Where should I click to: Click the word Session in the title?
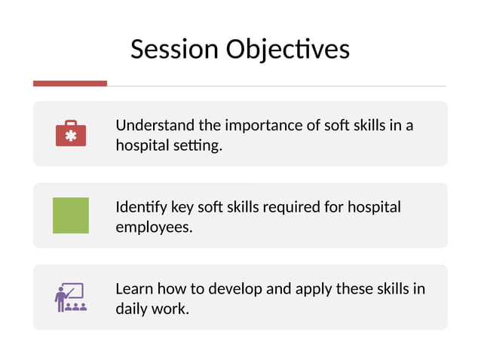175,49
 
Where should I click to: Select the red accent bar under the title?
70,83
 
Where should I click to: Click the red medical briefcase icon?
71,133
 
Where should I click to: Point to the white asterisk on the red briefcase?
71,136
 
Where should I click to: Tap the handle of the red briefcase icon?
71,123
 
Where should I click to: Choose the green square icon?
71,215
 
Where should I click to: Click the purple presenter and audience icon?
71,297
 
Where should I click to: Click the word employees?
154,227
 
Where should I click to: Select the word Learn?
133,289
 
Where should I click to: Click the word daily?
132,309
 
